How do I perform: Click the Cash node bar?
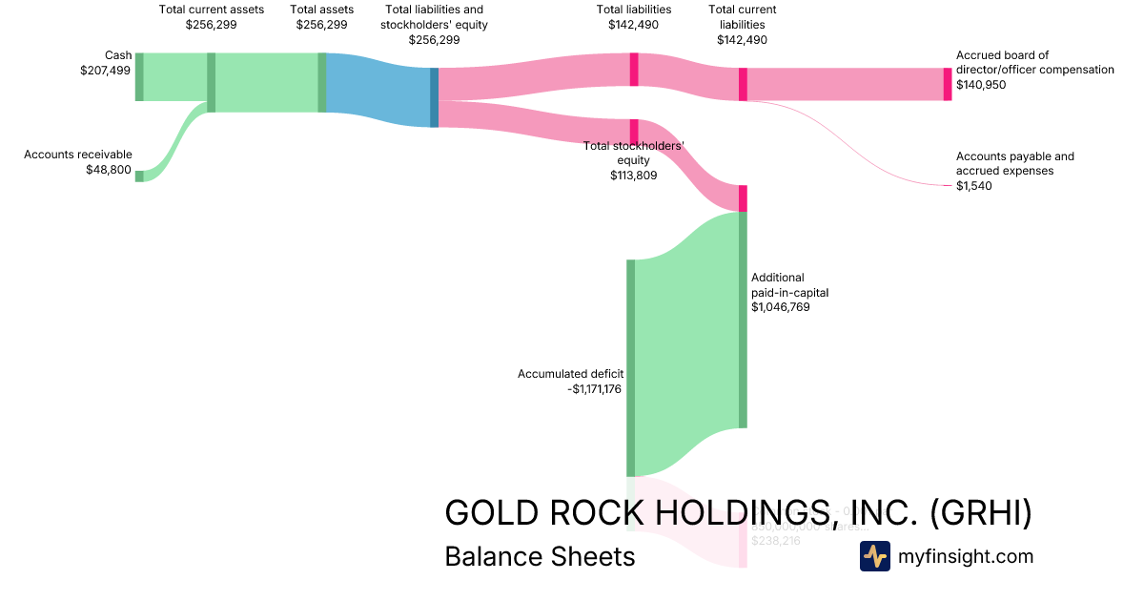[x=139, y=77]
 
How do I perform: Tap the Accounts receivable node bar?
[x=139, y=176]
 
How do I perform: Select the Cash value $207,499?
[x=106, y=70]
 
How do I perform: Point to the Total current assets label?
[x=211, y=10]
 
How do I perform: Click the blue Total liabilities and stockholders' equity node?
[x=435, y=97]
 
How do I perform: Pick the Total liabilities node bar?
[x=634, y=70]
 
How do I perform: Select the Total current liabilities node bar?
[x=743, y=84]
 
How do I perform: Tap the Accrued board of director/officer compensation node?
[x=948, y=84]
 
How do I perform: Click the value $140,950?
[x=981, y=85]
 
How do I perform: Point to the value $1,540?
[x=973, y=186]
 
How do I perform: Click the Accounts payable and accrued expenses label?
[x=1015, y=163]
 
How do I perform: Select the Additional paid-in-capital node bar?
[x=743, y=320]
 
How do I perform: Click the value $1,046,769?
[x=780, y=307]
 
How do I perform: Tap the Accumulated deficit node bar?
[x=630, y=367]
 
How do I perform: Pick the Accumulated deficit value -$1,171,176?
[x=595, y=389]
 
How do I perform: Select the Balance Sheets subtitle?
[x=540, y=556]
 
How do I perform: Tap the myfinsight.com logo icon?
[x=874, y=556]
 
